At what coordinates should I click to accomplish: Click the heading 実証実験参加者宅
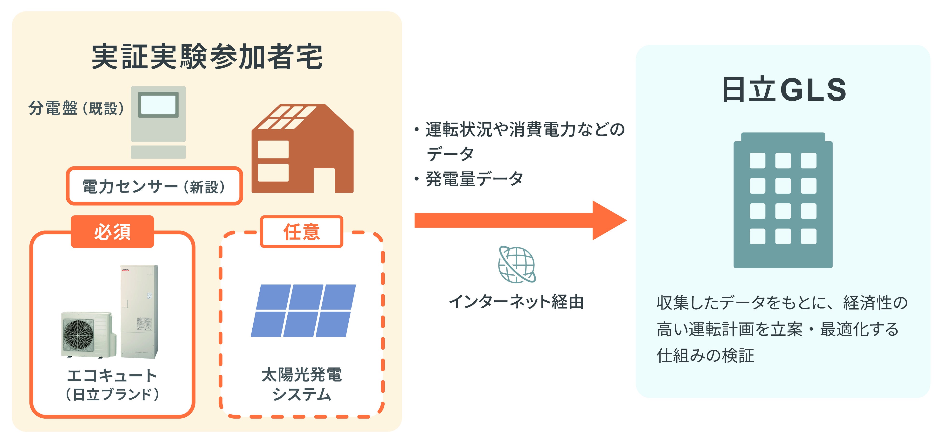207,57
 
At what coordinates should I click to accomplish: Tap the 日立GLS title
784,90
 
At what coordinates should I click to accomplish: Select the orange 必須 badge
112,232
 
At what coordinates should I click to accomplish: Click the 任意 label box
301,232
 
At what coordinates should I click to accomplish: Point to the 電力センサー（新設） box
154,186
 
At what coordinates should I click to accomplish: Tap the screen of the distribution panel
158,104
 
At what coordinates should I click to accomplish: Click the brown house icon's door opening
324,180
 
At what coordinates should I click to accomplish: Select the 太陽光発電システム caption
301,384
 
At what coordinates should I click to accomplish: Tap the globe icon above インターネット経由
517,264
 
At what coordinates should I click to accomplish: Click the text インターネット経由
516,302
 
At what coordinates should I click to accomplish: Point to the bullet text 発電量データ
474,179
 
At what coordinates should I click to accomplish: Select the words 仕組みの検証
705,355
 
